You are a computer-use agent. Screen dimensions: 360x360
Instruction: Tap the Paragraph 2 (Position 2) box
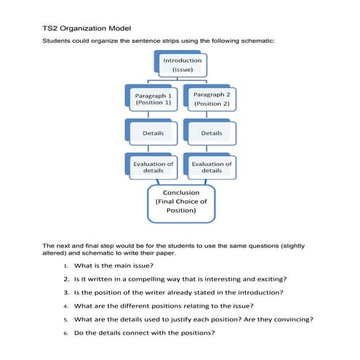(212, 100)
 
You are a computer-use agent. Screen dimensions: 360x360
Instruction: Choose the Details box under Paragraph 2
(212, 134)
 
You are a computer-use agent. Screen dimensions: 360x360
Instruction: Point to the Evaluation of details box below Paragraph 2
(212, 167)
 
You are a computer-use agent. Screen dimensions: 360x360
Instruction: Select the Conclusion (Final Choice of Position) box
(182, 202)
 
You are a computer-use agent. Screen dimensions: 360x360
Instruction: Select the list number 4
(65, 306)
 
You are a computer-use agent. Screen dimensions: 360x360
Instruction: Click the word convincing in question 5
(289, 319)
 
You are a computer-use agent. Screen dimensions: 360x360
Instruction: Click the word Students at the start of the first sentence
(59, 41)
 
